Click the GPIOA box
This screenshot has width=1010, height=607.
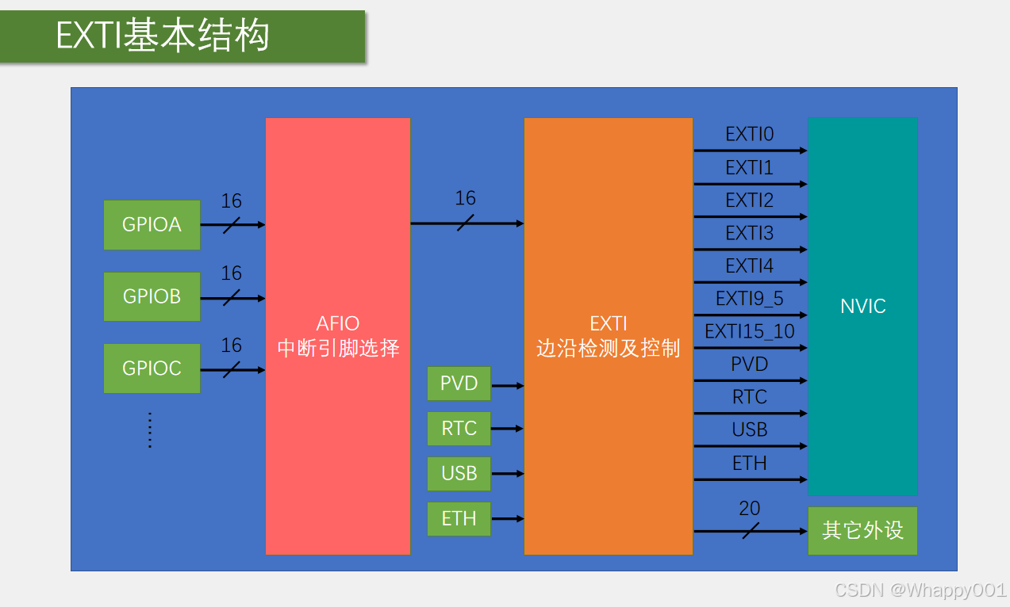point(152,225)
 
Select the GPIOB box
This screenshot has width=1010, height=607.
point(152,296)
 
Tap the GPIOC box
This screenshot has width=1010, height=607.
point(152,368)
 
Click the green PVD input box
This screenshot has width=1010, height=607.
point(459,384)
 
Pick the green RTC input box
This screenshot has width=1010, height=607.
point(459,428)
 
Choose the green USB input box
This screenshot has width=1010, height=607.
point(459,473)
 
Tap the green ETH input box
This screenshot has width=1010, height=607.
point(459,519)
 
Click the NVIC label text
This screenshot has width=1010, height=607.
point(863,306)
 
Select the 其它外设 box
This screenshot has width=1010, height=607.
point(862,530)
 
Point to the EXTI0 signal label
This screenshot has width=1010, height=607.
point(750,134)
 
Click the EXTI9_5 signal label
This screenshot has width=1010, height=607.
point(750,299)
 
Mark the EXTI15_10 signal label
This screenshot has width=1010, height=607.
point(750,331)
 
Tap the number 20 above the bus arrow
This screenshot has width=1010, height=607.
point(750,509)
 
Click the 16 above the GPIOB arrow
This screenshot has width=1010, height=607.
point(232,273)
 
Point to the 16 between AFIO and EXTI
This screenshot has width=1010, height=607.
point(465,198)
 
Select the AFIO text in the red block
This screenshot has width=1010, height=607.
point(338,323)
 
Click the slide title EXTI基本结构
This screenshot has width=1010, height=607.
point(163,35)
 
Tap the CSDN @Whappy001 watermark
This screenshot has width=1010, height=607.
point(920,590)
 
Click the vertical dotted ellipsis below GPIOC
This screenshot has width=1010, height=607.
point(150,430)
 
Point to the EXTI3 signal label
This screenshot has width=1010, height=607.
point(750,233)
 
